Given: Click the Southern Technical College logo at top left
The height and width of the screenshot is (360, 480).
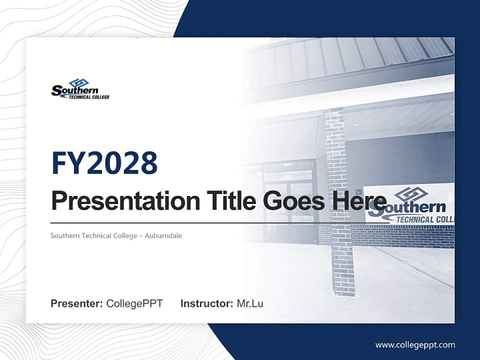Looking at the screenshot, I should pyautogui.click(x=80, y=89).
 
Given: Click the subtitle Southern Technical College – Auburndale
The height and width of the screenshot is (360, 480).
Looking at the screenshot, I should pyautogui.click(x=116, y=235).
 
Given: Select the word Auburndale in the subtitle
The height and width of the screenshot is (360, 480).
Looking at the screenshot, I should pyautogui.click(x=163, y=235).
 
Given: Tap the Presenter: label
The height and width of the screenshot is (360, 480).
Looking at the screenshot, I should pyautogui.click(x=76, y=303).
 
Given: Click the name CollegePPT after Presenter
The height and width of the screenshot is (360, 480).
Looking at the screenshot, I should pyautogui.click(x=134, y=303).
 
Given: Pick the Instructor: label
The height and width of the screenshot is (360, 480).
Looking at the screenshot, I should pyautogui.click(x=206, y=303).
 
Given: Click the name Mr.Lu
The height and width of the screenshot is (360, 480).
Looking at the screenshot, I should pyautogui.click(x=249, y=303).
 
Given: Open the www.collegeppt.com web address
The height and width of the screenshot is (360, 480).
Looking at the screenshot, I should pyautogui.click(x=415, y=344).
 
